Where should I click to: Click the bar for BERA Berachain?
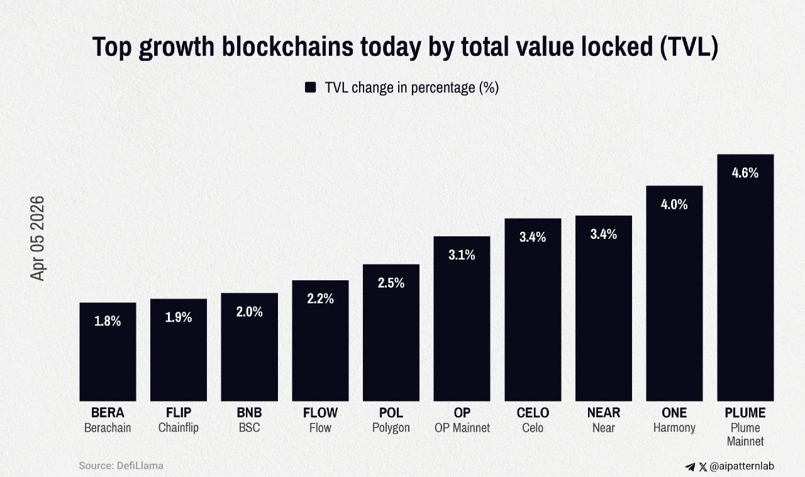coord(108,352)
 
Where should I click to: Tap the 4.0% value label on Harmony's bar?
coord(674,204)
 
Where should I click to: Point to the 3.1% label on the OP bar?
coord(462,255)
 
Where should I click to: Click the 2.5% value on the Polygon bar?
coord(391,283)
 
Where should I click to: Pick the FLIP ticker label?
coord(179,413)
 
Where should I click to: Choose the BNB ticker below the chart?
coord(249,413)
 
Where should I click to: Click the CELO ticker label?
coord(533,413)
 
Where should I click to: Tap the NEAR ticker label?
coord(604,413)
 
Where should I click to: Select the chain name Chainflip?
coord(179,428)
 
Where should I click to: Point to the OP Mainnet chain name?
coord(462,428)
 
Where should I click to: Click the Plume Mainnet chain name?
coord(745,435)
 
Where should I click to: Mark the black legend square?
coord(310,87)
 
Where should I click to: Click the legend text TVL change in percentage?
coord(411,87)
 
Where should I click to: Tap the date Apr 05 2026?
coord(38,238)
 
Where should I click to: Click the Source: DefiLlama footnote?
coord(121,466)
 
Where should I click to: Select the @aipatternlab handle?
coord(741,466)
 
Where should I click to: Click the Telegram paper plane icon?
coord(690,467)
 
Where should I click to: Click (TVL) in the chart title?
coord(690,48)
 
